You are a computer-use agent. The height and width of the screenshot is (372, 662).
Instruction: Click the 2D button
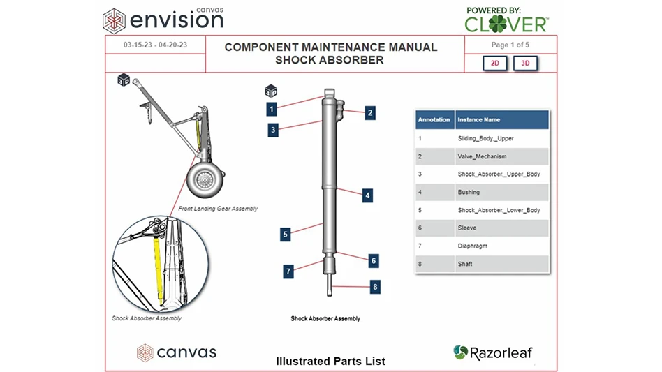[x=494, y=64]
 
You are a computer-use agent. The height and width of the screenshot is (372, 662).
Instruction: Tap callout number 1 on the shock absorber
[x=272, y=108]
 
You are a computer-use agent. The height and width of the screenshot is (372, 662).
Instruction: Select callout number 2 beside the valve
[x=370, y=112]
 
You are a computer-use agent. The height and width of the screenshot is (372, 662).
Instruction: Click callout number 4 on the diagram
[x=367, y=195]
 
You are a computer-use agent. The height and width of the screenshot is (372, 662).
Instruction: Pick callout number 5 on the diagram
[x=285, y=235]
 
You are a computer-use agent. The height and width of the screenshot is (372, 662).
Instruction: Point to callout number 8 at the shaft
[x=375, y=286]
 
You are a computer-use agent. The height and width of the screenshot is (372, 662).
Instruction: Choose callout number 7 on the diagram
[x=288, y=271]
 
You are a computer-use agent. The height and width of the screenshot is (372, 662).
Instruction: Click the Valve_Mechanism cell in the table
[x=482, y=156]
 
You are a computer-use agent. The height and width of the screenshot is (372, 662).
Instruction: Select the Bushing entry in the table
[x=469, y=192]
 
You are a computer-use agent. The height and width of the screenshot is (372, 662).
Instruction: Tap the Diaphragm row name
[x=472, y=246]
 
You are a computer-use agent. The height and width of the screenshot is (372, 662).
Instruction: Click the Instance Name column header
[x=478, y=120]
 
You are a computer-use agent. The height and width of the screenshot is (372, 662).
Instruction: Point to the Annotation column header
[x=434, y=120]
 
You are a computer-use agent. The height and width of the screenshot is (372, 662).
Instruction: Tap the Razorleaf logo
[x=492, y=352]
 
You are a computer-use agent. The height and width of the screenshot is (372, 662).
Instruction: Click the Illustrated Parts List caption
[x=330, y=361]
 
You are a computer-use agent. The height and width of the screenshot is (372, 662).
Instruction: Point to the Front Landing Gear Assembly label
[x=218, y=209]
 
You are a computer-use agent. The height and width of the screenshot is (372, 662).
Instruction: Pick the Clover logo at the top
[x=506, y=21]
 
